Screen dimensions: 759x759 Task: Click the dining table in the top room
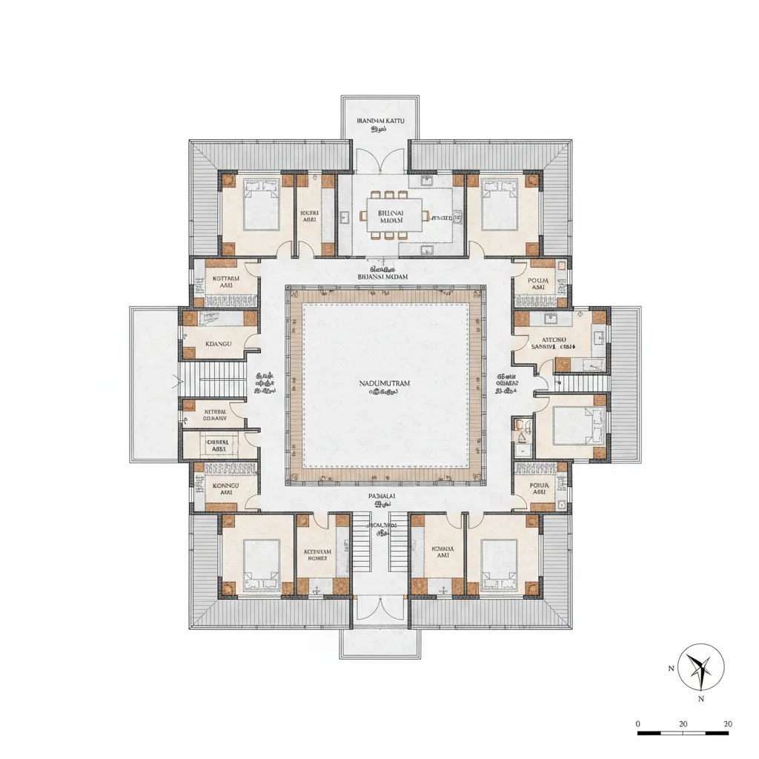[x=394, y=215]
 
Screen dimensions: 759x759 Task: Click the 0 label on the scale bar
[x=639, y=723]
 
